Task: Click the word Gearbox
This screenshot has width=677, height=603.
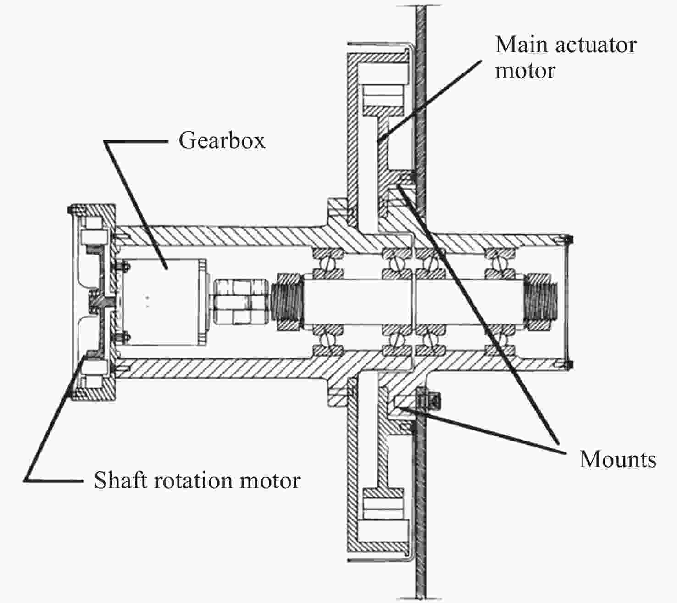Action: pyautogui.click(x=222, y=140)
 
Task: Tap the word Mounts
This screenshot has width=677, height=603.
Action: pyautogui.click(x=617, y=459)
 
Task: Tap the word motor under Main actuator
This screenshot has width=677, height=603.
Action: pyautogui.click(x=525, y=71)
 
